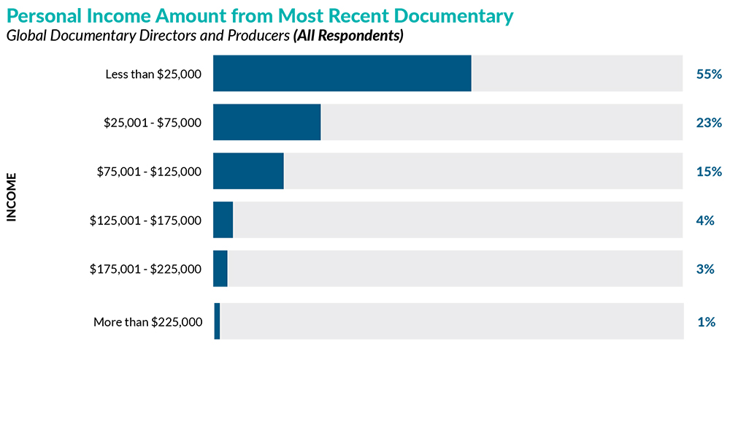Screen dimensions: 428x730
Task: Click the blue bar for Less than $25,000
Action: (342, 73)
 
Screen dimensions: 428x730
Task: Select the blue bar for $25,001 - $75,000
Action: (266, 122)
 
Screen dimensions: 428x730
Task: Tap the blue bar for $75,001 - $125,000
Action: (248, 171)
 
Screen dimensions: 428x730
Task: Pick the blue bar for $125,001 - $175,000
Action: (223, 220)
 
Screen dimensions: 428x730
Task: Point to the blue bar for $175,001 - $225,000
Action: (220, 269)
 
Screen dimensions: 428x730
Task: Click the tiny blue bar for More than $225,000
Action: (217, 321)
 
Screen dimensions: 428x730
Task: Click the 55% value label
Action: (709, 74)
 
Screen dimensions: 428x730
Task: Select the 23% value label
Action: (709, 123)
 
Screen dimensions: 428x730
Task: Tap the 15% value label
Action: (709, 172)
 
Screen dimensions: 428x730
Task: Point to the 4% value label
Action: (705, 220)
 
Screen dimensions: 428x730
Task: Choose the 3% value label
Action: (705, 269)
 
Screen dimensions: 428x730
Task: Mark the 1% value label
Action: (705, 321)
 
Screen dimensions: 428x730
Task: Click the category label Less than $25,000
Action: (153, 74)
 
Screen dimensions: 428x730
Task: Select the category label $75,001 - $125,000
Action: (149, 172)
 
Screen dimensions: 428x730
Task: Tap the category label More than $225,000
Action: (147, 322)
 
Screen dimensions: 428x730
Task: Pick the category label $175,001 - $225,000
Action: (145, 269)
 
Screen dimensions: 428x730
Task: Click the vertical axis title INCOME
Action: (12, 196)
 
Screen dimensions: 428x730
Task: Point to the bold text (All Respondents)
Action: (348, 36)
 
